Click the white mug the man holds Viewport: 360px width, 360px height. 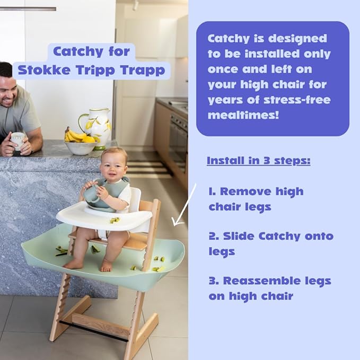(17, 140)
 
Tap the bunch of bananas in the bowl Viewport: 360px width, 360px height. (75, 136)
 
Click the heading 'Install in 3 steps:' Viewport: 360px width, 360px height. (258, 160)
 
